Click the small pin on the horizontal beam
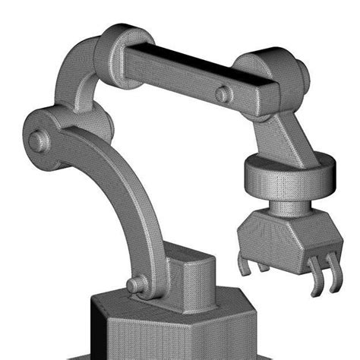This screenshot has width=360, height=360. pyautogui.click(x=223, y=94)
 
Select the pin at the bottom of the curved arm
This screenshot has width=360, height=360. pyautogui.click(x=135, y=285)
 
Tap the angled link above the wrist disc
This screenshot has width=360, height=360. pyautogui.click(x=285, y=137)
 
